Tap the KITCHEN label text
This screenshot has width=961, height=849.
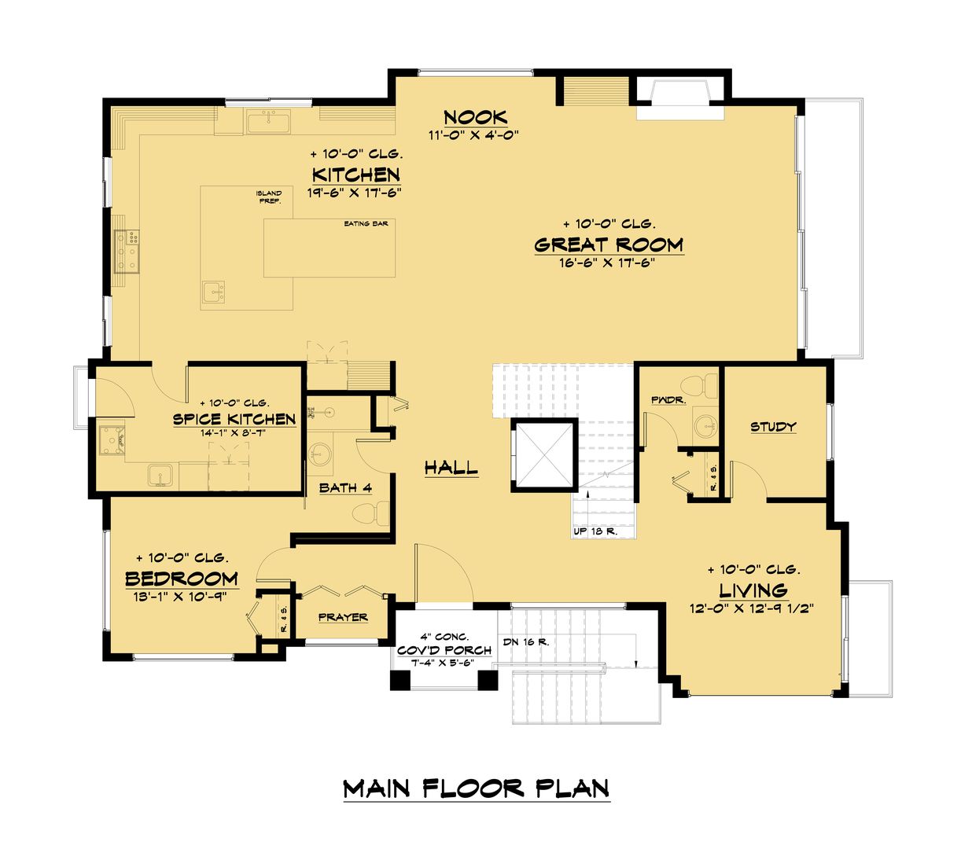pyautogui.click(x=355, y=175)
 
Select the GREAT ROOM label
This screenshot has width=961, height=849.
pyautogui.click(x=609, y=245)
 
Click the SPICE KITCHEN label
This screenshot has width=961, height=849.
pyautogui.click(x=234, y=419)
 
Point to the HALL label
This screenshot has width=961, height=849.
pyautogui.click(x=451, y=469)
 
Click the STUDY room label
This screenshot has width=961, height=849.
pyautogui.click(x=773, y=427)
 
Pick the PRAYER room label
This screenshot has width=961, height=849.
pyautogui.click(x=343, y=617)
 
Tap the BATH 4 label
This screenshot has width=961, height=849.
pyautogui.click(x=345, y=488)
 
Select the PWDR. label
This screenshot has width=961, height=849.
pyautogui.click(x=668, y=400)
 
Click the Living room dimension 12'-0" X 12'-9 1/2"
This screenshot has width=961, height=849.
pyautogui.click(x=752, y=608)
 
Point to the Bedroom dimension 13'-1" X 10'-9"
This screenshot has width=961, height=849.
pyautogui.click(x=180, y=597)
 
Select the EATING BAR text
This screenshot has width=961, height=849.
pyautogui.click(x=366, y=223)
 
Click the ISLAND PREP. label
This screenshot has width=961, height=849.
pyautogui.click(x=269, y=197)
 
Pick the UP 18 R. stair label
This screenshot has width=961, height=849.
pyautogui.click(x=595, y=531)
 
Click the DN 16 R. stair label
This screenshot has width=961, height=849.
pyautogui.click(x=525, y=642)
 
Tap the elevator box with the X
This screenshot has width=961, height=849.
pyautogui.click(x=544, y=455)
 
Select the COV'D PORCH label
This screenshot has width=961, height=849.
pyautogui.click(x=444, y=650)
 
